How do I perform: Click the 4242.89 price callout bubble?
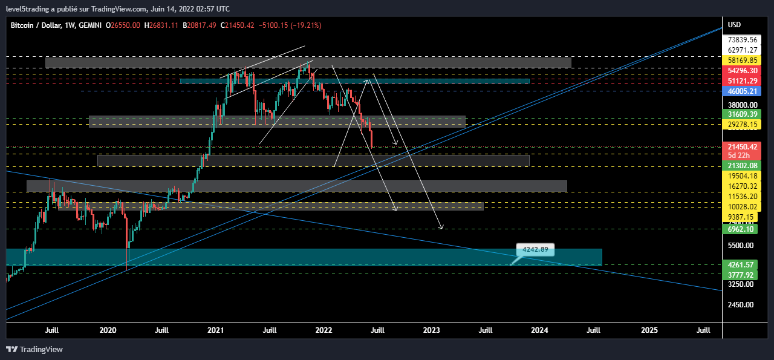(x=535, y=249)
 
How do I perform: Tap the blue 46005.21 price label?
(x=743, y=91)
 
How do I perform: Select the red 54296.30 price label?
(x=743, y=71)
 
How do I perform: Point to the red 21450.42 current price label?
(x=743, y=147)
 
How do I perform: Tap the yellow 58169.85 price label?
(x=743, y=61)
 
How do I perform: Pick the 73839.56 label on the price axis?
(x=743, y=40)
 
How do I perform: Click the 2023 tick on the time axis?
(x=431, y=330)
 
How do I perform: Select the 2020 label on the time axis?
(x=108, y=330)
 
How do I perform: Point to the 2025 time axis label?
(x=649, y=330)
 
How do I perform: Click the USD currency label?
(x=734, y=25)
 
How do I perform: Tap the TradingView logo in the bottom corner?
(x=34, y=349)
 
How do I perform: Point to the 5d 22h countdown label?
(x=738, y=155)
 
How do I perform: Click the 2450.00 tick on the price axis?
(x=741, y=304)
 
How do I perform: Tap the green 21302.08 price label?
(x=743, y=165)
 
